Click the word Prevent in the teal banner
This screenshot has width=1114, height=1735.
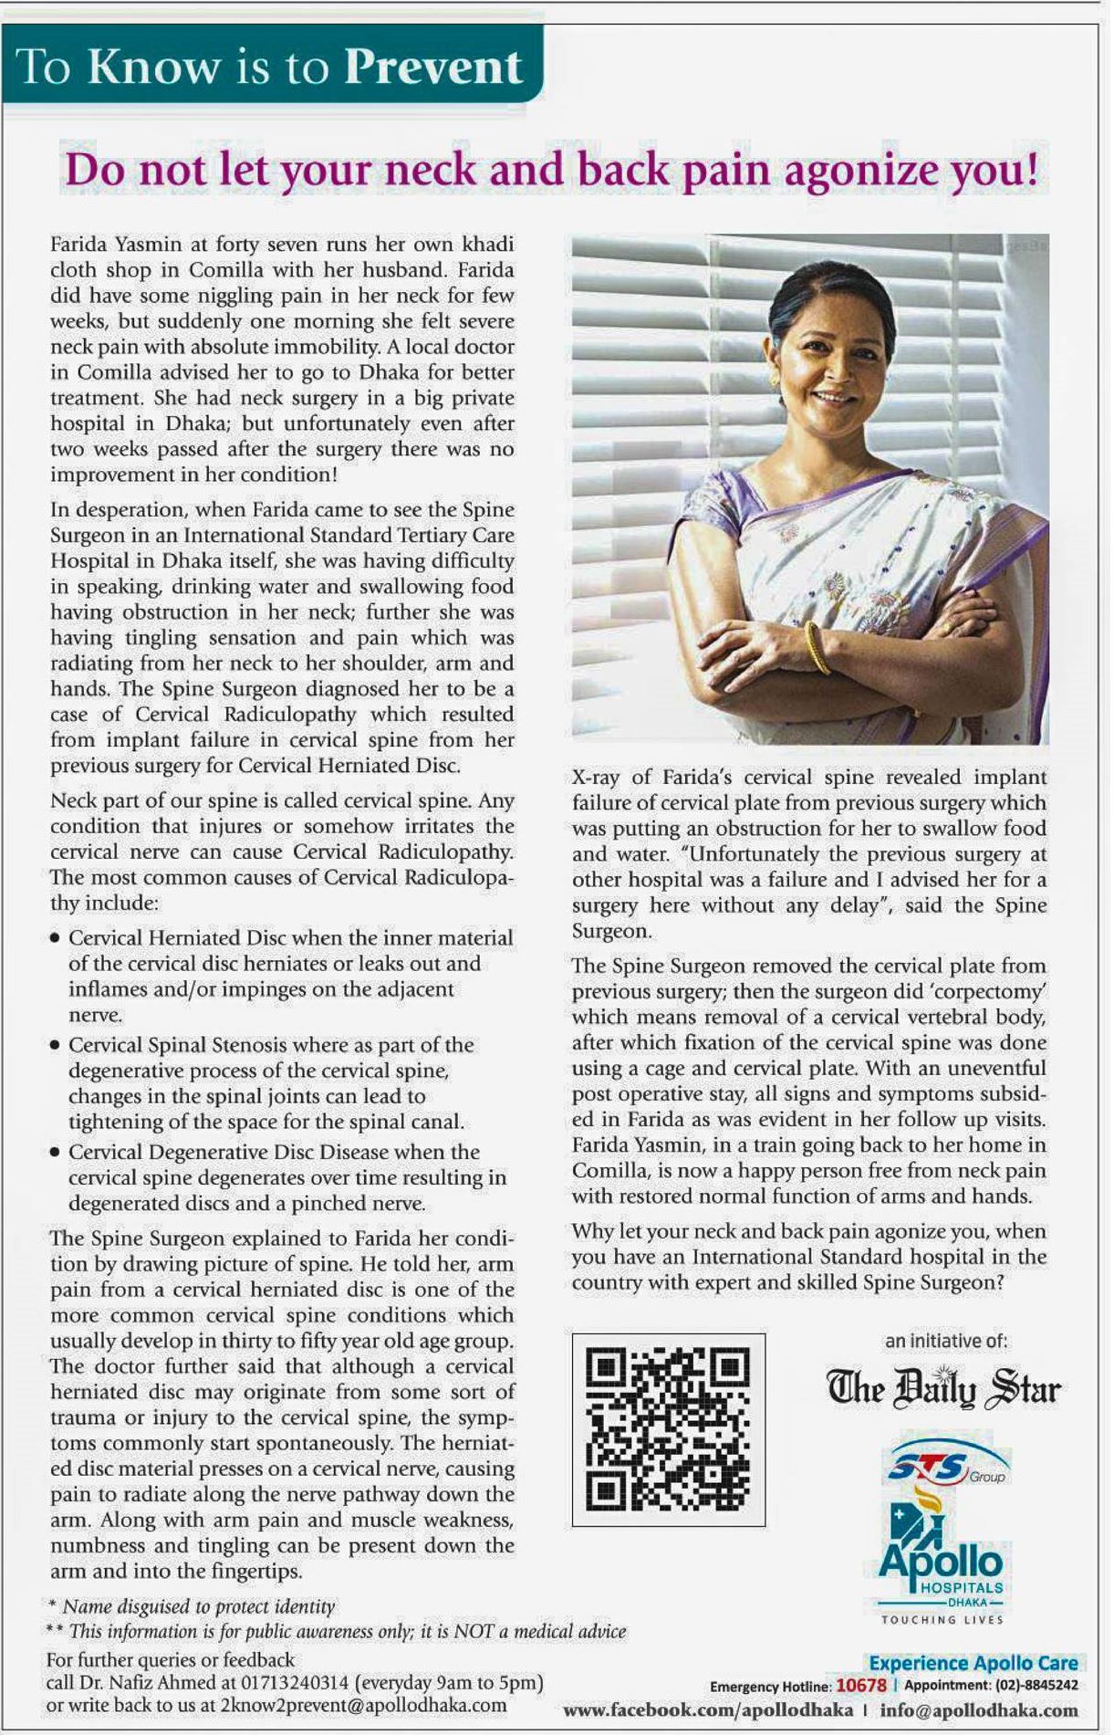pyautogui.click(x=433, y=68)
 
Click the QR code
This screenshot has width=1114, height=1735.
pyautogui.click(x=668, y=1429)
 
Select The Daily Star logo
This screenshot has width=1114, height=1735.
pyautogui.click(x=943, y=1389)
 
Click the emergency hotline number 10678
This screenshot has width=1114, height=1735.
pyautogui.click(x=860, y=1685)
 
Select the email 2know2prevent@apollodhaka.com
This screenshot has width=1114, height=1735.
pyautogui.click(x=363, y=1705)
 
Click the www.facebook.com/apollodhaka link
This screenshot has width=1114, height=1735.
pyautogui.click(x=708, y=1709)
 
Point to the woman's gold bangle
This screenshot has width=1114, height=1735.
pyautogui.click(x=817, y=647)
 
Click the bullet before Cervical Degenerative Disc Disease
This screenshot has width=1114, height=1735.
pyautogui.click(x=57, y=1153)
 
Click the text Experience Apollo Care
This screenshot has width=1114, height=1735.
pyautogui.click(x=973, y=1663)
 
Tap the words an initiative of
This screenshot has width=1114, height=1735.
pyautogui.click(x=945, y=1341)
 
